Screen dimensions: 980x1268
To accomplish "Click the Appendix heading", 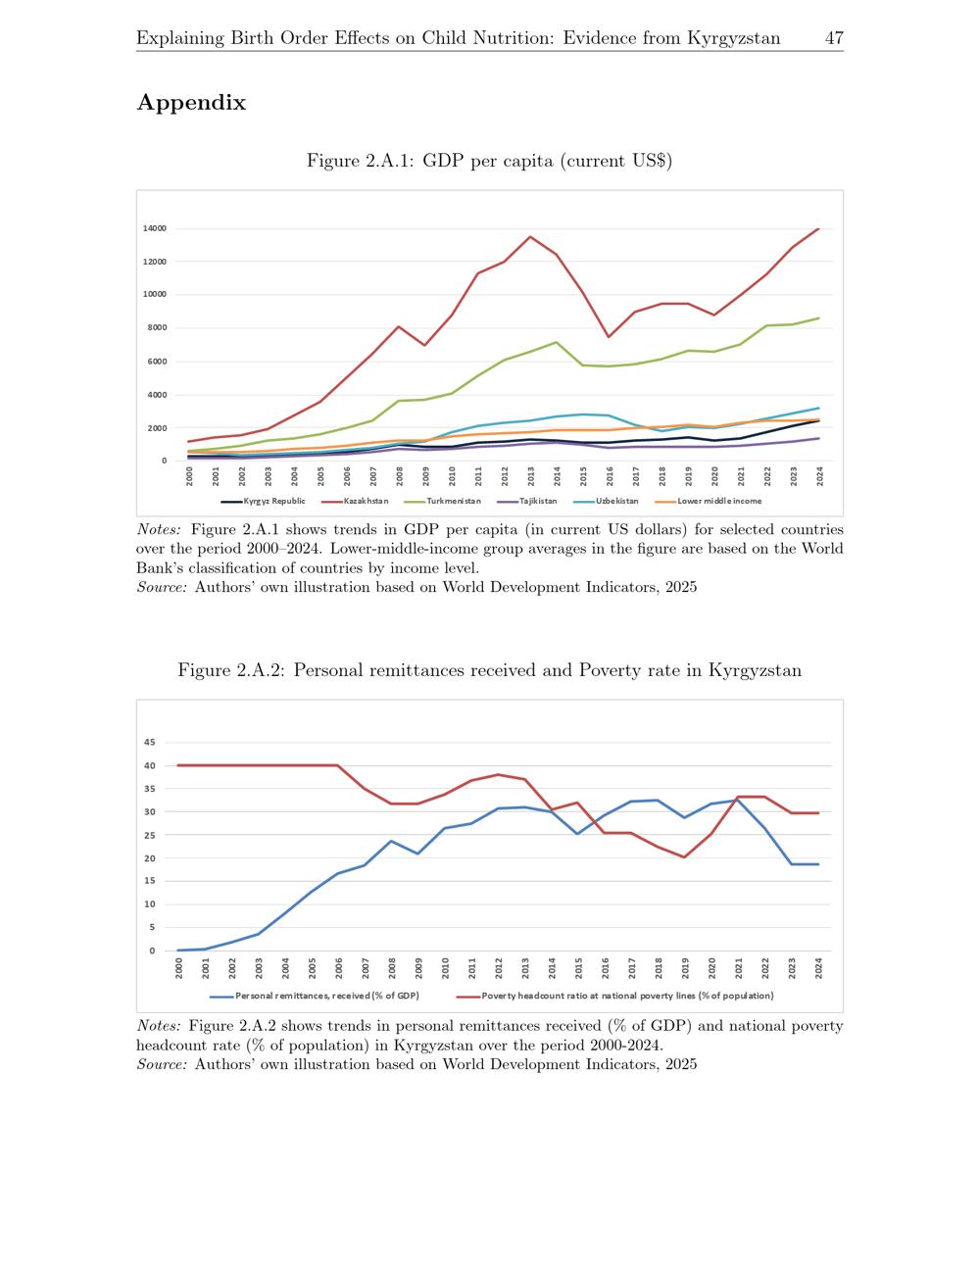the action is point(191,103).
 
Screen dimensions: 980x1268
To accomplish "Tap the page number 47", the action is point(834,38).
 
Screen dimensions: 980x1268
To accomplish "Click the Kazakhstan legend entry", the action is point(355,502).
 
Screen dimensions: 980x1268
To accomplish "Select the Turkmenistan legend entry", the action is point(442,502).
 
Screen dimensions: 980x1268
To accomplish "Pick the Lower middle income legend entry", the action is point(709,502).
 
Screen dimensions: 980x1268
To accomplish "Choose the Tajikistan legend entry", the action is point(527,502).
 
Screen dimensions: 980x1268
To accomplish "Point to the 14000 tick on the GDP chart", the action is point(155,228).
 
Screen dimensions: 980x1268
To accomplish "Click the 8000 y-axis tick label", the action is point(157,328).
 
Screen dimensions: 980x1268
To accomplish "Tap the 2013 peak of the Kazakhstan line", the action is point(529,236).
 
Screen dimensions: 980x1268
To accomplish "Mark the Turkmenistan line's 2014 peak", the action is point(557,343).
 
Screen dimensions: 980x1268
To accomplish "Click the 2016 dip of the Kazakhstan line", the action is point(609,337).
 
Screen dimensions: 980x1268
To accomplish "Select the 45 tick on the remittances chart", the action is point(150,742).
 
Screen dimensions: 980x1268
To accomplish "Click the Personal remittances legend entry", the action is point(315,996).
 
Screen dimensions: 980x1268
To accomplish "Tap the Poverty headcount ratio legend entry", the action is point(615,996).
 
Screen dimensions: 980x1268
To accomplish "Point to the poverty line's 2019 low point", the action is point(684,857).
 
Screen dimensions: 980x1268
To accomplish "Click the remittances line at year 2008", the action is point(391,841).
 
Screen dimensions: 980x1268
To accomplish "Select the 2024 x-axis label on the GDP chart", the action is point(819,477).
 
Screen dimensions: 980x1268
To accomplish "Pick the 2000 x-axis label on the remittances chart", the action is point(178,969).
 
